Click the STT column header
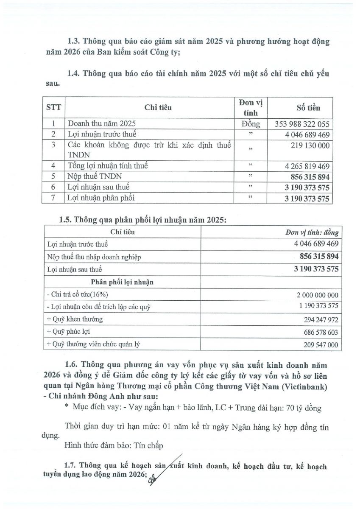(53, 108)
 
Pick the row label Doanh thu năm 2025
(102, 124)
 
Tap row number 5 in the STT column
(53, 176)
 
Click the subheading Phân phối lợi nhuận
(122, 282)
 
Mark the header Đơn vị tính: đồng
(312, 232)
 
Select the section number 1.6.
(73, 364)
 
